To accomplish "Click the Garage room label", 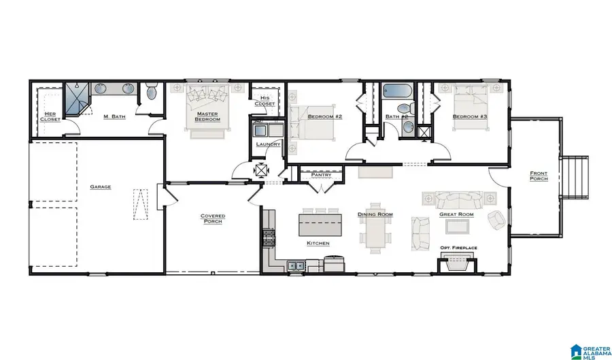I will point(101,186).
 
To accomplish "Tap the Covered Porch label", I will point(212,218).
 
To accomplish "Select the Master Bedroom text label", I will point(207,116).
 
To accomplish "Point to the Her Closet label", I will point(50,116).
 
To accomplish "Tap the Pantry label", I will point(320,175).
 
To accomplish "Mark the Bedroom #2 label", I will point(324,117).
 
